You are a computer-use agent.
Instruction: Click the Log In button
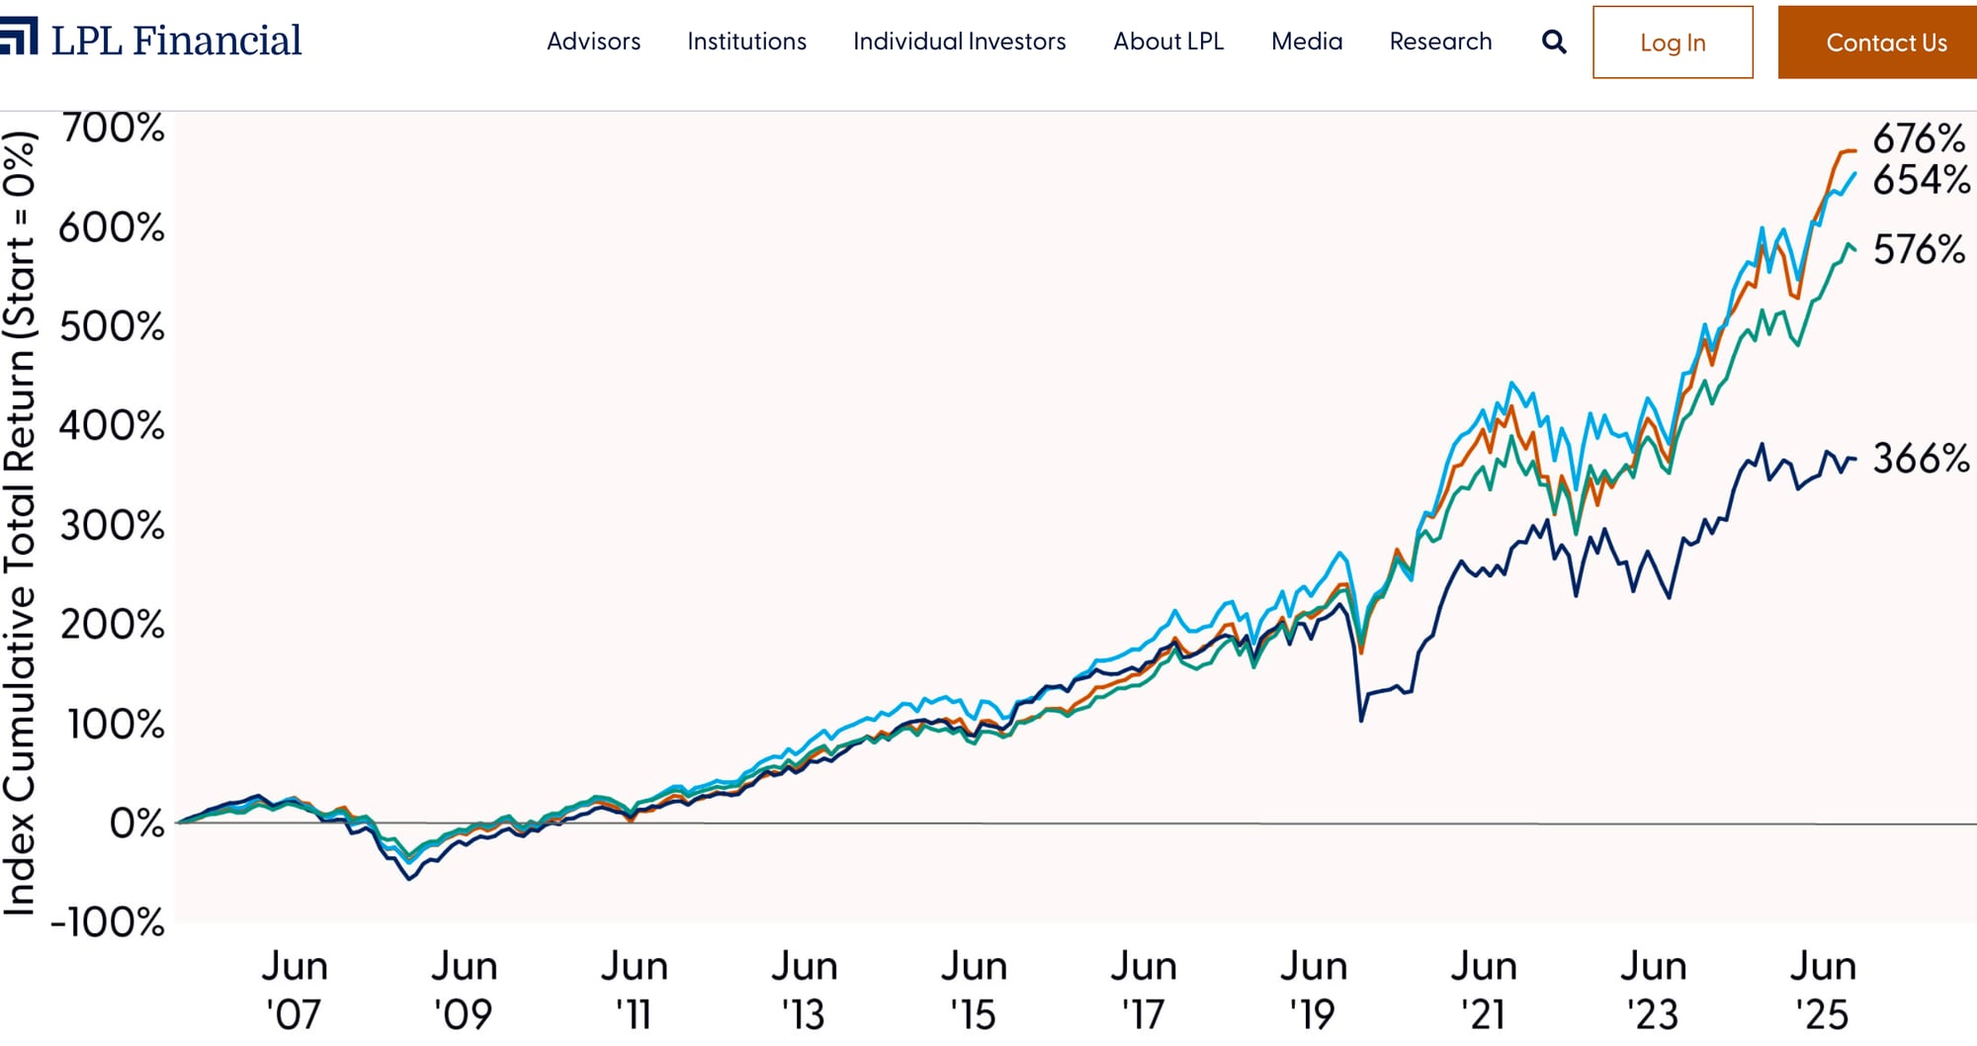pyautogui.click(x=1673, y=43)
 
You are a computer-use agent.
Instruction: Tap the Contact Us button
pyautogui.click(x=1885, y=43)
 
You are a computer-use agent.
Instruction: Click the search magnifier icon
pyautogui.click(x=1554, y=42)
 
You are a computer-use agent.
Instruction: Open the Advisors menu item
pyautogui.click(x=593, y=42)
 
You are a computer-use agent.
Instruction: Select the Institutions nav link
pyautogui.click(x=746, y=42)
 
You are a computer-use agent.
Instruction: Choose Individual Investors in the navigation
pyautogui.click(x=959, y=42)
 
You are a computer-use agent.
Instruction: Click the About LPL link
pyautogui.click(x=1168, y=42)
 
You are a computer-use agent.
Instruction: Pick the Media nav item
pyautogui.click(x=1307, y=42)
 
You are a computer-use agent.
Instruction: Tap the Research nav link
pyautogui.click(x=1440, y=42)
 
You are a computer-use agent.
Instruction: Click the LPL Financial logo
pyautogui.click(x=153, y=40)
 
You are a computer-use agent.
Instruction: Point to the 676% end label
pyautogui.click(x=1919, y=138)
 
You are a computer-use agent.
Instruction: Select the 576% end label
pyautogui.click(x=1919, y=249)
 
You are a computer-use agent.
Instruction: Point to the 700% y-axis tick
pyautogui.click(x=113, y=129)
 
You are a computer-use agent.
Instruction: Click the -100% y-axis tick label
pyautogui.click(x=107, y=922)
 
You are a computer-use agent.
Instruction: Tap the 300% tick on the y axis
pyautogui.click(x=113, y=525)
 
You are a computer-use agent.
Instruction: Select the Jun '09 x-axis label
pyautogui.click(x=464, y=990)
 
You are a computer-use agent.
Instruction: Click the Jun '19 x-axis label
pyautogui.click(x=1313, y=990)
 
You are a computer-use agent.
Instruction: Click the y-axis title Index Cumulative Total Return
pyautogui.click(x=20, y=524)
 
